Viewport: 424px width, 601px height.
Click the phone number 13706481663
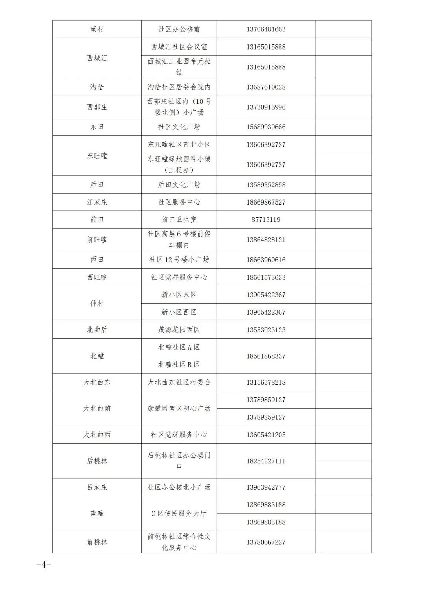coord(266,29)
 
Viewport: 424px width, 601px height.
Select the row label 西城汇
coord(97,58)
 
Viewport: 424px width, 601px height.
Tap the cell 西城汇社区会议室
coord(179,47)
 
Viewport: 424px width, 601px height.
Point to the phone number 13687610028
coord(266,87)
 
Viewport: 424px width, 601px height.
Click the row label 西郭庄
coord(97,107)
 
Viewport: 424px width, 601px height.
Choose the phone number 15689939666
coord(266,127)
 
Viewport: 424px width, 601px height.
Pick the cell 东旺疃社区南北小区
coord(179,145)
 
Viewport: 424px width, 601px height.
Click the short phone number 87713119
coord(266,219)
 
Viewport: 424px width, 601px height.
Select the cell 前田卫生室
coord(179,219)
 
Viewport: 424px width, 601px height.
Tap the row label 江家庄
coord(97,202)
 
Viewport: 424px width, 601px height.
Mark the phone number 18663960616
coord(266,260)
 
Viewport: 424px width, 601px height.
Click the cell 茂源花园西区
coord(179,330)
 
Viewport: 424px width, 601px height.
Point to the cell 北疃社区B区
coord(179,365)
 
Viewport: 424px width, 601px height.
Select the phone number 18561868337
coord(266,356)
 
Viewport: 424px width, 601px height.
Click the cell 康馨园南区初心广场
coord(179,408)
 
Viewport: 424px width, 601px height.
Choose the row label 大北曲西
coord(97,435)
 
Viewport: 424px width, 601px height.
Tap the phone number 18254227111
coord(266,461)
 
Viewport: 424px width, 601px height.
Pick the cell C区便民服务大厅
coord(179,513)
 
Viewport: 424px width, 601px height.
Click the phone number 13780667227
coord(266,542)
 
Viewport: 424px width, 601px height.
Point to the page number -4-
coord(44,565)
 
